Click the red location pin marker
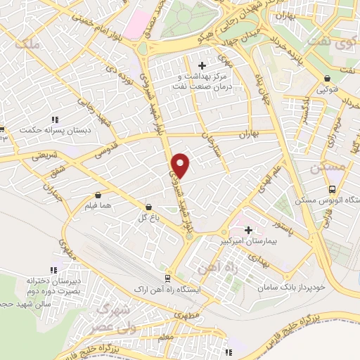point(181,165)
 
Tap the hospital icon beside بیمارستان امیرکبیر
point(247,229)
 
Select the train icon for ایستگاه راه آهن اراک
point(167,278)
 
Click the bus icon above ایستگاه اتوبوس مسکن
point(332,188)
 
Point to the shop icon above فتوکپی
point(328,79)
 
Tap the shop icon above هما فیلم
point(97,195)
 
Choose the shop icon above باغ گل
point(148,207)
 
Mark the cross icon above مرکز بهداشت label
point(202,65)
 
